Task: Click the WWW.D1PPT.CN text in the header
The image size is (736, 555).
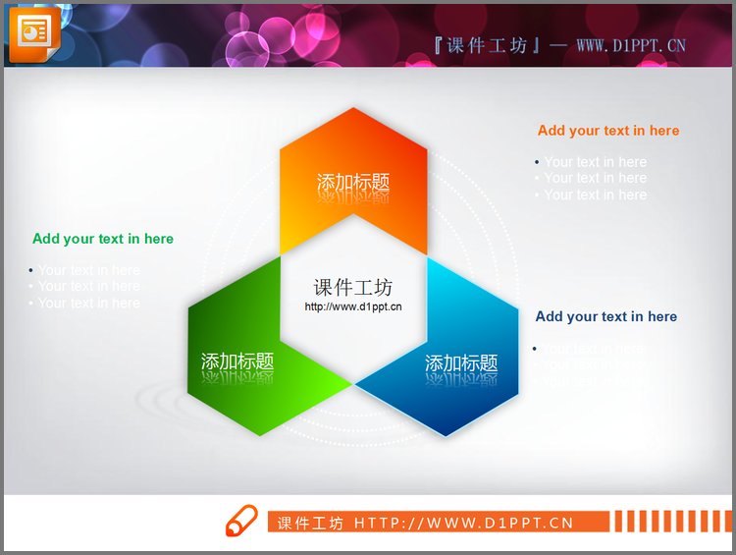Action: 631,45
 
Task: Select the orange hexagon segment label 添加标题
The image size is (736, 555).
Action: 353,183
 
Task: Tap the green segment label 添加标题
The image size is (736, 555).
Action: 237,361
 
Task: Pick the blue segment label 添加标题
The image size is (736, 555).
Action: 461,363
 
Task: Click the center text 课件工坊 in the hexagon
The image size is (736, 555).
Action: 353,287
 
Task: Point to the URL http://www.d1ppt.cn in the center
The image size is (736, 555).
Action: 353,306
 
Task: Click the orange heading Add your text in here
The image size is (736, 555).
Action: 608,131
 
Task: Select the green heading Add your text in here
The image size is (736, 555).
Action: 103,239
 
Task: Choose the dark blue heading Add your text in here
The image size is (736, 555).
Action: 606,316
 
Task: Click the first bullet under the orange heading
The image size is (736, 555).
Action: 595,162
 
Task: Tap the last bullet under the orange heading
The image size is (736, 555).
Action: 595,194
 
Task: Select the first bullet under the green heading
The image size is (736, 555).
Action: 88,270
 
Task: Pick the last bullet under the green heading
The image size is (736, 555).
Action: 88,303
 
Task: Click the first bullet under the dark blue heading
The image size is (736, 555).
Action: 593,349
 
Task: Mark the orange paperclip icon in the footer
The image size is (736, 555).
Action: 240,522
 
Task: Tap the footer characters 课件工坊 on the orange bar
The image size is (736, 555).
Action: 310,523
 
